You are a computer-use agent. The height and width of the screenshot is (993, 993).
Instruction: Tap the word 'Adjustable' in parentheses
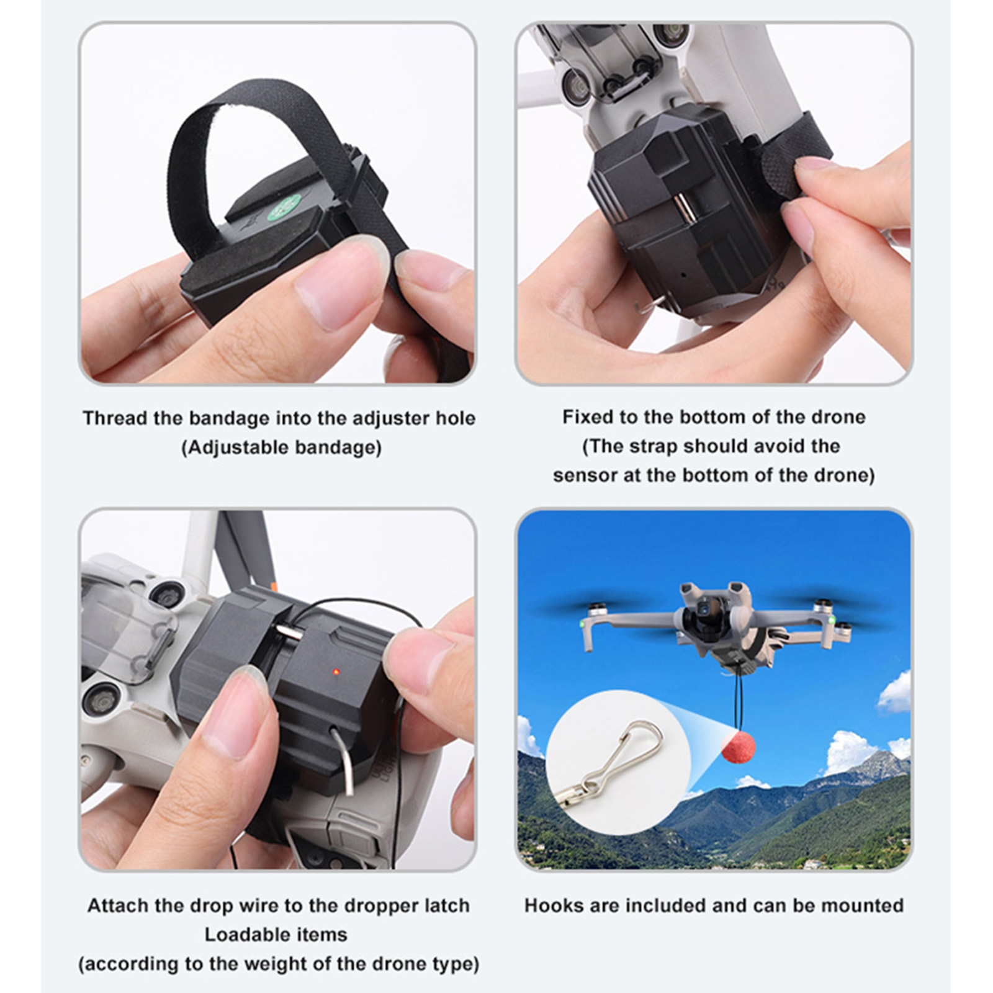pyautogui.click(x=235, y=447)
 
